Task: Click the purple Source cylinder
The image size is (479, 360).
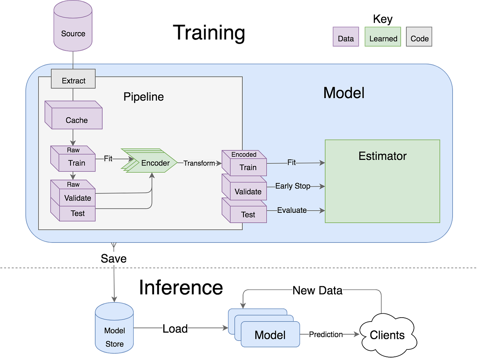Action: [73, 26]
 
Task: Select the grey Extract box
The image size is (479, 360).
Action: [73, 79]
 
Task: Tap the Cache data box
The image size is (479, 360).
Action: [73, 115]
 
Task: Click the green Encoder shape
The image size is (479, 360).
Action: [149, 161]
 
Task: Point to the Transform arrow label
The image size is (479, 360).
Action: [199, 163]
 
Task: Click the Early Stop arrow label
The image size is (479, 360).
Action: [293, 186]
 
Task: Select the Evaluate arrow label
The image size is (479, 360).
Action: [292, 210]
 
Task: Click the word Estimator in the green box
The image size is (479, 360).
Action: [382, 156]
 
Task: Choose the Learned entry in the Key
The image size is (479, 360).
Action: [383, 37]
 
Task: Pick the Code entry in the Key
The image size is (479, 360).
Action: [419, 37]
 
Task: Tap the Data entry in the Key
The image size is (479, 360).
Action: [346, 37]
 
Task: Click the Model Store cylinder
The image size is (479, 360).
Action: [114, 328]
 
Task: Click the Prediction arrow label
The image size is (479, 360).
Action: [326, 334]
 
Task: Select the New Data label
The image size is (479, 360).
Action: [317, 290]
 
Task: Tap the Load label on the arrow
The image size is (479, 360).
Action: [175, 329]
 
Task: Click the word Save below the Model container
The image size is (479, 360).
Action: [114, 258]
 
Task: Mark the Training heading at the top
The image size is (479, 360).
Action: [209, 33]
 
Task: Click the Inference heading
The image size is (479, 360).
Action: [181, 287]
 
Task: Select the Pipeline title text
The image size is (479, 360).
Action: [144, 97]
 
